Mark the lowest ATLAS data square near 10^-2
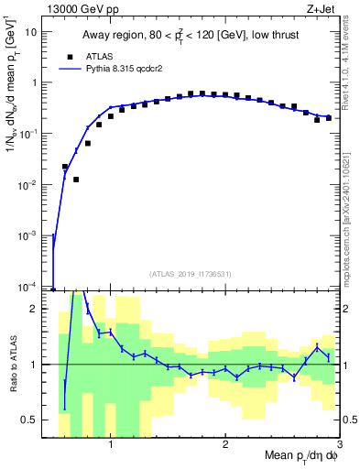point(76,180)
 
